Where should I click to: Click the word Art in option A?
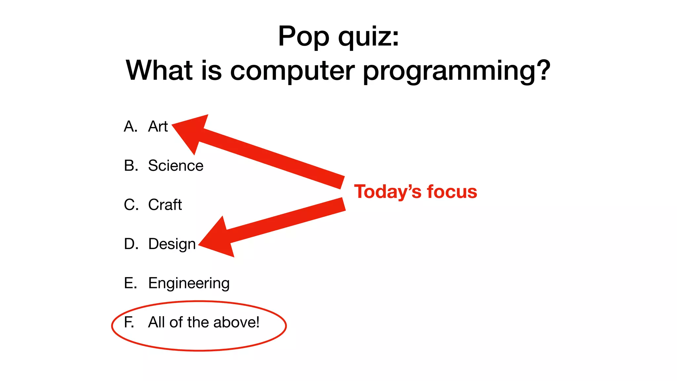158,127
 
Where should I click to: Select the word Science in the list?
176,166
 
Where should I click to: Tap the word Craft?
165,205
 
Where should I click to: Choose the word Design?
172,244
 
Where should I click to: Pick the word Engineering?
189,283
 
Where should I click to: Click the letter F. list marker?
129,322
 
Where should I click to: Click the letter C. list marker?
131,205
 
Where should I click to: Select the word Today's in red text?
387,192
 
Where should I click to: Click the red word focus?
452,192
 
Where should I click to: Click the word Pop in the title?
303,36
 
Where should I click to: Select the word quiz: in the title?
369,36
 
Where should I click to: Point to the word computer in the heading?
292,70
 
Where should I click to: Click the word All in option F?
157,322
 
